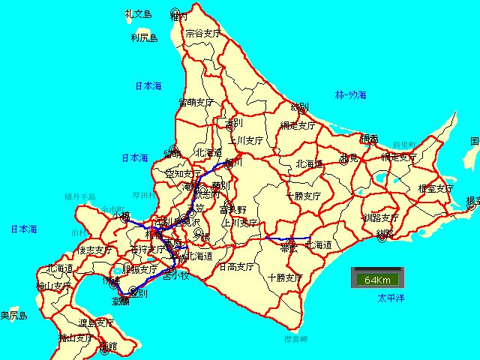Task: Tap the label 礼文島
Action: (x=139, y=13)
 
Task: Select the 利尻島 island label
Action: (x=143, y=37)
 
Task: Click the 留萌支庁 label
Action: (x=197, y=102)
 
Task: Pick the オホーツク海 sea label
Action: (x=350, y=94)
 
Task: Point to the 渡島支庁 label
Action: (x=96, y=322)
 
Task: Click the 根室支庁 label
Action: (x=436, y=188)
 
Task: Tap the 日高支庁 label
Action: (x=237, y=266)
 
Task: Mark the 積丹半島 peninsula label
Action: (x=80, y=196)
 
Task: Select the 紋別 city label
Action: (x=299, y=106)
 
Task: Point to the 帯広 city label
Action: (x=289, y=247)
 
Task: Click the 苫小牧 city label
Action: (x=176, y=276)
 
